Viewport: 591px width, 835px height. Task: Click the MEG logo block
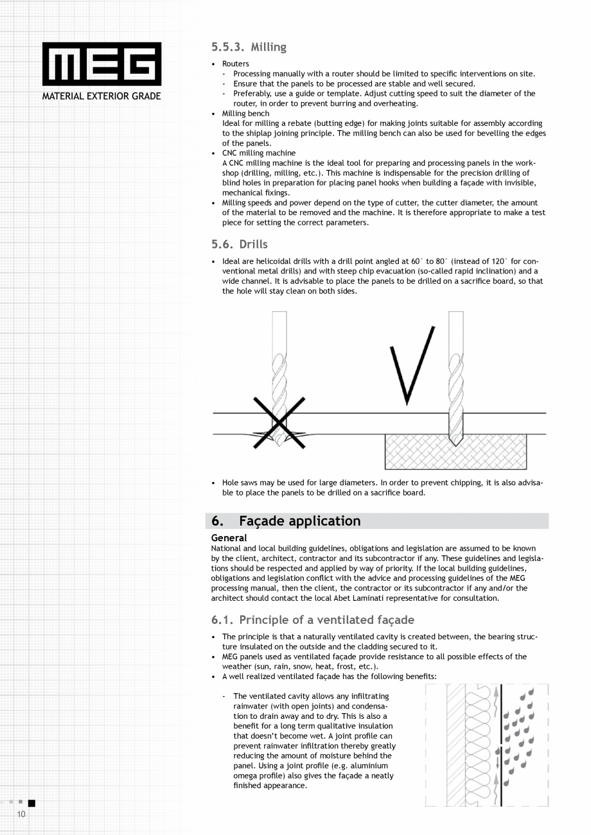click(x=101, y=64)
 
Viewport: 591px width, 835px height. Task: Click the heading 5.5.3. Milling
click(x=249, y=47)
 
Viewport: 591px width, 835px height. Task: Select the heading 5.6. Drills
click(x=239, y=244)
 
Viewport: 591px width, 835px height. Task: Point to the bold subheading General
click(x=229, y=538)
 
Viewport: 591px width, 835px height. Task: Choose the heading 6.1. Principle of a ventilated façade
click(x=313, y=619)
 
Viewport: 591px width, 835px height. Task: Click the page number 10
click(x=21, y=814)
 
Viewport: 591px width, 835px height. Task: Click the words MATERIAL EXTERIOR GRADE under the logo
click(x=101, y=96)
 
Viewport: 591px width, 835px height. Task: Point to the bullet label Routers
click(x=236, y=64)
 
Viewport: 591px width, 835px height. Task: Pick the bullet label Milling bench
click(x=245, y=113)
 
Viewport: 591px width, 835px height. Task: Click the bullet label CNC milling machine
click(x=259, y=153)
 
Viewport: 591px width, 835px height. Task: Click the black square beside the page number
click(x=31, y=802)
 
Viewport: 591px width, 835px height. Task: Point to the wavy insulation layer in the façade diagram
click(x=478, y=745)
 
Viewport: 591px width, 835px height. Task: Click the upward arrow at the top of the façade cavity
click(x=496, y=692)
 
